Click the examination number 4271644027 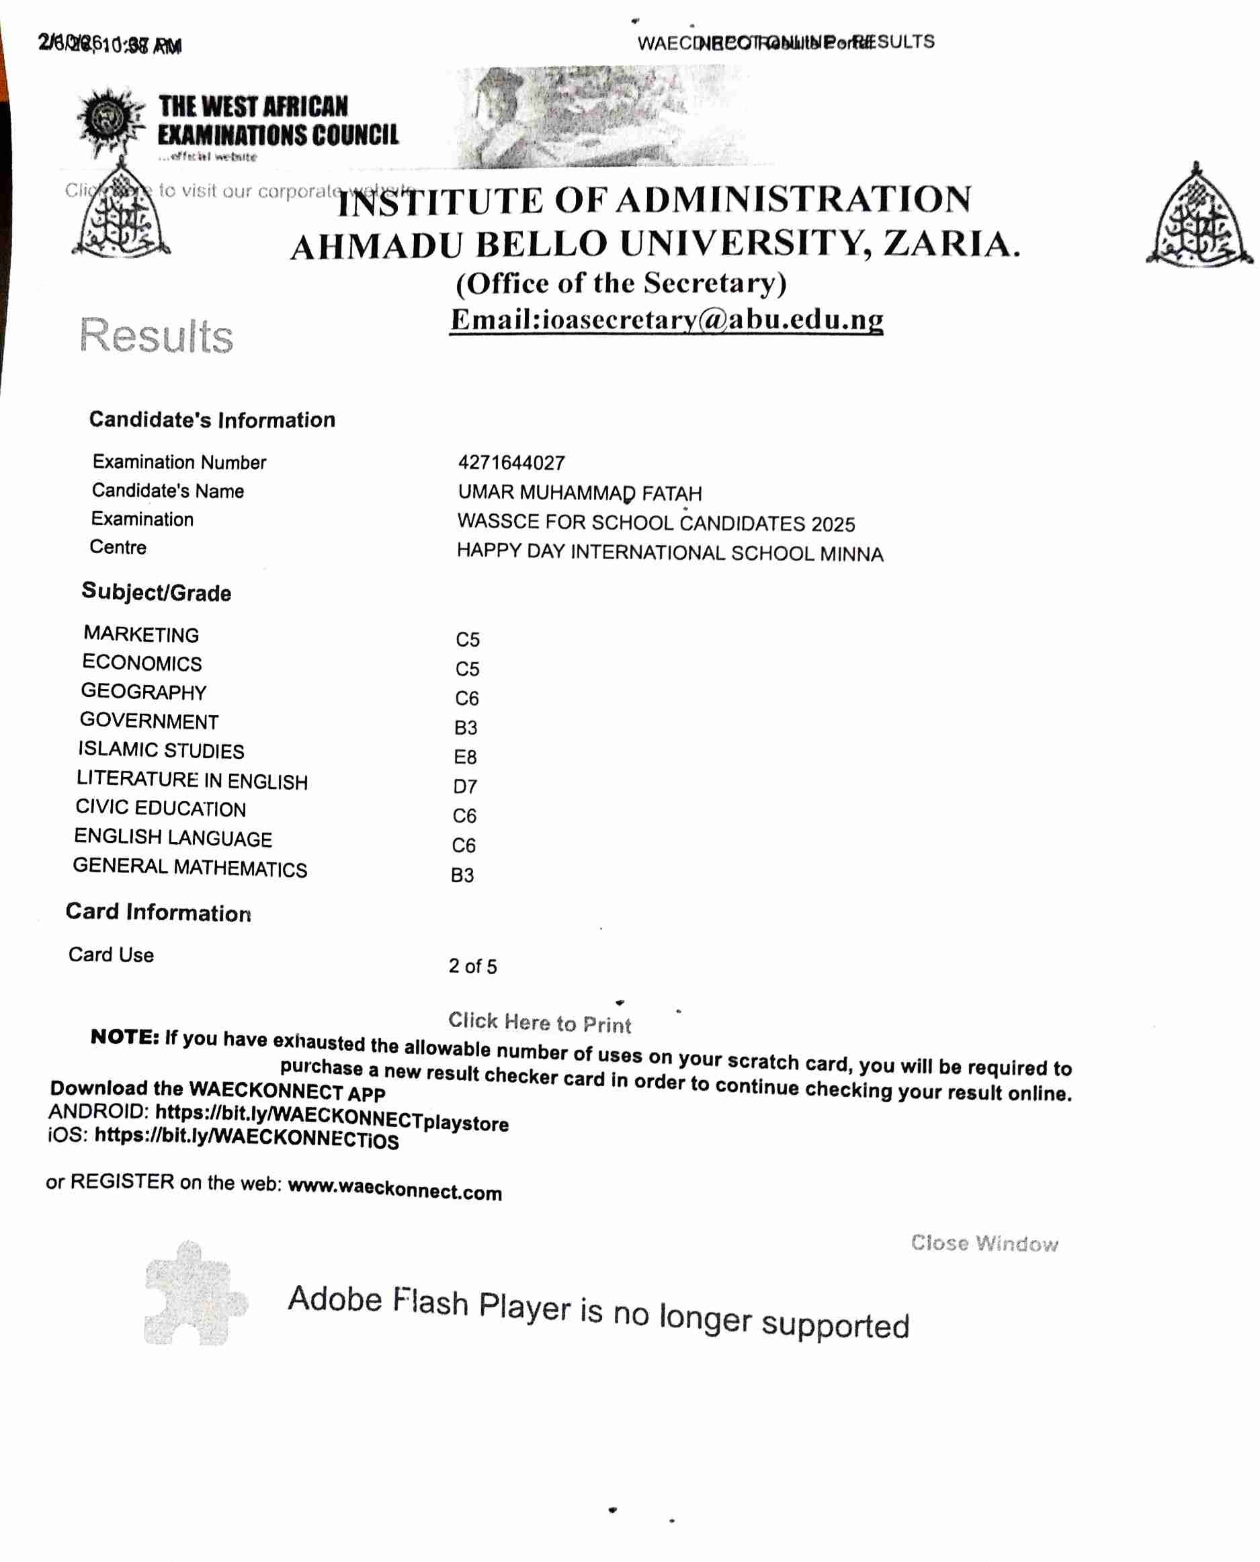point(511,462)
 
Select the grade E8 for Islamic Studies point(465,757)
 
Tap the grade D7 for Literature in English point(465,786)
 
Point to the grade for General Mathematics point(462,874)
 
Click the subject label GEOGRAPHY point(144,692)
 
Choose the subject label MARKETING point(142,634)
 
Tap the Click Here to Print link point(539,1023)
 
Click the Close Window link point(984,1243)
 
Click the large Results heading point(156,336)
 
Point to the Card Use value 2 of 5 point(472,966)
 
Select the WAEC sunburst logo point(110,120)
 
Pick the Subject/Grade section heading point(157,592)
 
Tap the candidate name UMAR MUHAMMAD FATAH point(580,493)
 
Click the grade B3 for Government point(466,727)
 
